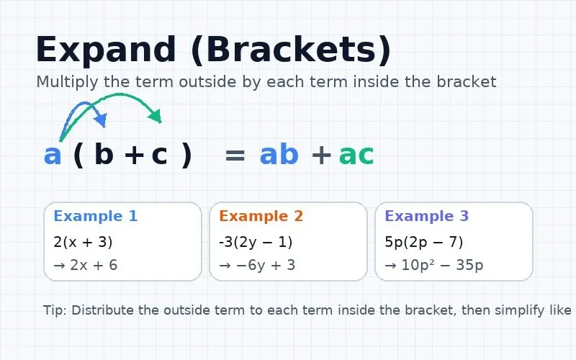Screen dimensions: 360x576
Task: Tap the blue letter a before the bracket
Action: click(x=53, y=155)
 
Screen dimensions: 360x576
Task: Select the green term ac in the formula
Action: click(x=356, y=155)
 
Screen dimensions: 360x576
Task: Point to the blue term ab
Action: click(x=279, y=155)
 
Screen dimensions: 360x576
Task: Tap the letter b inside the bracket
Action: click(x=104, y=155)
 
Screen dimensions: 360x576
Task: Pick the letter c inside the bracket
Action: click(x=159, y=155)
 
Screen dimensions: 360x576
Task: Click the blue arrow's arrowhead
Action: click(x=102, y=120)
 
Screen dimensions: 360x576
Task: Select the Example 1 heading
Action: click(x=95, y=216)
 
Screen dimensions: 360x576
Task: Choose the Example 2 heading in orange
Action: click(x=261, y=216)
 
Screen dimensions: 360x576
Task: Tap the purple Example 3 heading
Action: click(x=426, y=216)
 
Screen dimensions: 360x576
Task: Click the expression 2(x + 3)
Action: click(x=83, y=242)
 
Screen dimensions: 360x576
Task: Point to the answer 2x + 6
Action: click(x=86, y=265)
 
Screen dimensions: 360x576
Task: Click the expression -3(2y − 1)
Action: click(x=256, y=242)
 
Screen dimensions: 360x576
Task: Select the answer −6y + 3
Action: click(x=257, y=265)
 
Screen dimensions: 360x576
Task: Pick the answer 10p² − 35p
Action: click(x=434, y=265)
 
